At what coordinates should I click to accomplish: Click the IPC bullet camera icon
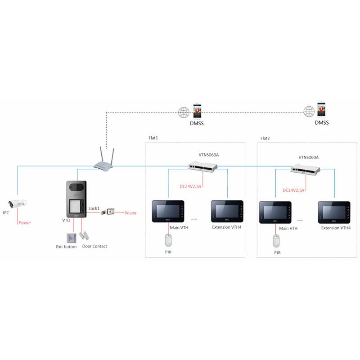coord(17,203)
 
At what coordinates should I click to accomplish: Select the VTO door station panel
coord(76,199)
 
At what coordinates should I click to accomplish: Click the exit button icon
coord(72,238)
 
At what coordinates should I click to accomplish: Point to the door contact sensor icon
coord(84,235)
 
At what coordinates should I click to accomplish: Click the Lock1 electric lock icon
coord(108,211)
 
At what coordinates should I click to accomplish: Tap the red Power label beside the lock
coord(130,213)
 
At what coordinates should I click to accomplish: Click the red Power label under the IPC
coord(25,223)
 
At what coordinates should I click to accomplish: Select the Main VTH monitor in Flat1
coord(168,211)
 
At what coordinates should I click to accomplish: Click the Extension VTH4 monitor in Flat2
coord(334,212)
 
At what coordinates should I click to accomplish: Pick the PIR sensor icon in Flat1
coord(168,240)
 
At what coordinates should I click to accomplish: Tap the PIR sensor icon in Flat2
coord(276,241)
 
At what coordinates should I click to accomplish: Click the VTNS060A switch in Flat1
coord(203,166)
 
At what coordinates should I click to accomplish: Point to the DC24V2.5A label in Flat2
coord(293,190)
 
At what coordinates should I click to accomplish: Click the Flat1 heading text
coord(153,138)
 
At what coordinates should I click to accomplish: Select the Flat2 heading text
coord(265,138)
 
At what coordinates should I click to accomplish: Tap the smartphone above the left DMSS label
coord(197,111)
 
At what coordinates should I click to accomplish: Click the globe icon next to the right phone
coord(309,112)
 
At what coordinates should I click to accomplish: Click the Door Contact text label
coord(94,246)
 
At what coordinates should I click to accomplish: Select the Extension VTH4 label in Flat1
coord(227,227)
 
